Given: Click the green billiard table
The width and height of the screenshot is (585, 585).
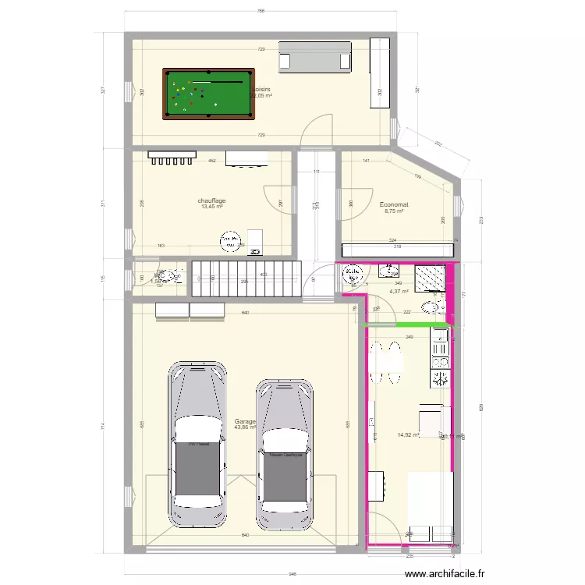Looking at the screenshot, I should point(209,94).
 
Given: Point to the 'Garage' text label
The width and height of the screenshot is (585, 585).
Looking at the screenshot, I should point(244,421).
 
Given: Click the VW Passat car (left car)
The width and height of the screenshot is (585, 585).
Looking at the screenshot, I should point(200,445).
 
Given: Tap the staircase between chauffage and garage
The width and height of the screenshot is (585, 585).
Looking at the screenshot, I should point(246,277).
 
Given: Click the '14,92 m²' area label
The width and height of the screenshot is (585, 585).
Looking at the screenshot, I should point(408,436).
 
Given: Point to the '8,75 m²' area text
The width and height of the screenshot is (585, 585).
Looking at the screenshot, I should point(394,211).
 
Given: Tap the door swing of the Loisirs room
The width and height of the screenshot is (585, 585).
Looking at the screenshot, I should point(319,129).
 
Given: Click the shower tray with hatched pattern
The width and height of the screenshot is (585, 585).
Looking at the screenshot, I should point(429,278).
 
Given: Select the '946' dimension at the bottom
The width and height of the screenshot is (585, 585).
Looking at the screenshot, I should point(292,574).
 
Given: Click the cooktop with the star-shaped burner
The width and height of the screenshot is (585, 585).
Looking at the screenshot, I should point(440,379).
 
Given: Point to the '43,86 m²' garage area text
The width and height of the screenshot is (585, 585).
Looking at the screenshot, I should point(245,427).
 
